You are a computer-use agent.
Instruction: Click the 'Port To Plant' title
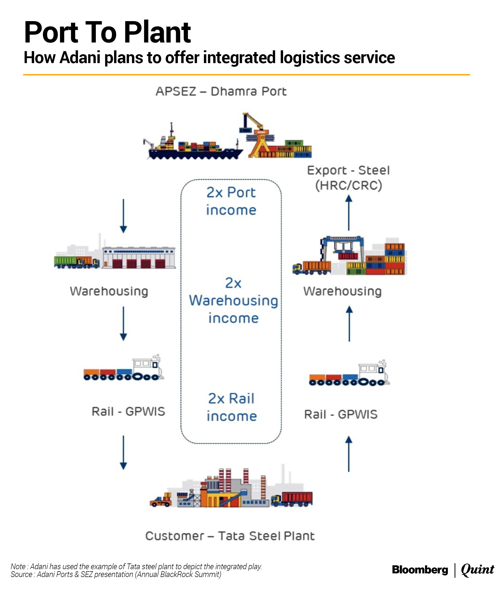pos(108,32)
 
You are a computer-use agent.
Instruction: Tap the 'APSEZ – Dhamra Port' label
pos(221,91)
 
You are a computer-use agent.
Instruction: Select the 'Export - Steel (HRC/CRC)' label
pos(349,178)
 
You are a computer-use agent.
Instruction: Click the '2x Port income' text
pos(231,201)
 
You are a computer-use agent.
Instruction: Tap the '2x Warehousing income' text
pos(233,300)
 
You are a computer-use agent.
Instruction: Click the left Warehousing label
pos(109,292)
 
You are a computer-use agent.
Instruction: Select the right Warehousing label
pos(342,292)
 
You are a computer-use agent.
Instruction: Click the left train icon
pos(123,369)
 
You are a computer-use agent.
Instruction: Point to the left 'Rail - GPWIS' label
pos(128,412)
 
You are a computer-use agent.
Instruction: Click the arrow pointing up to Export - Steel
pos(349,212)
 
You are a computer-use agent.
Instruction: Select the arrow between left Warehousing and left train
pos(123,323)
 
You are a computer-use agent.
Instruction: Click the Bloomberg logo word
pos(420,569)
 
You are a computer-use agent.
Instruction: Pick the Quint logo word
pos(477,569)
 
